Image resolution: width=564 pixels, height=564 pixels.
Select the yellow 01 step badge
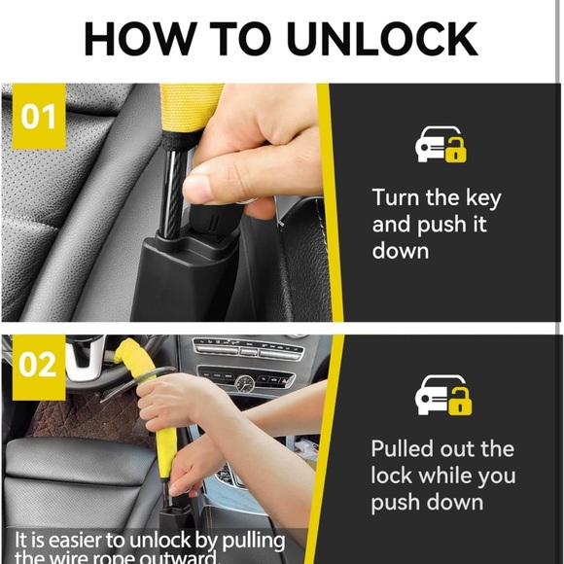pyautogui.click(x=39, y=117)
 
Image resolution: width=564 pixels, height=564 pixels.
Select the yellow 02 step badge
pyautogui.click(x=38, y=366)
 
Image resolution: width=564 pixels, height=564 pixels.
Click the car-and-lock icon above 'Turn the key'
pyautogui.click(x=441, y=146)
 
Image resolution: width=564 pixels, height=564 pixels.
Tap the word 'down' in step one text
pyautogui.click(x=401, y=250)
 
